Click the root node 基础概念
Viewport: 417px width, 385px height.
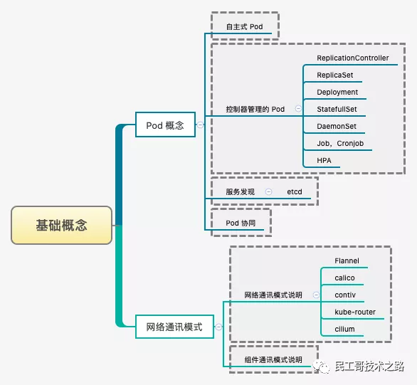(x=62, y=226)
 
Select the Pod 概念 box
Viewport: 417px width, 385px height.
(x=165, y=125)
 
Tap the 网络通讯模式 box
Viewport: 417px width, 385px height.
(x=174, y=327)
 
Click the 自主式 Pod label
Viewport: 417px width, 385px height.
(x=244, y=26)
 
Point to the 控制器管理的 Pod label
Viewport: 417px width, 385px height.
(x=255, y=110)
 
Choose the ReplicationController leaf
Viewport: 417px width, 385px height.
(x=353, y=58)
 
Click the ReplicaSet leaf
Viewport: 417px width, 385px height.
(x=335, y=75)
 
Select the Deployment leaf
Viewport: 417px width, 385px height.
(x=337, y=93)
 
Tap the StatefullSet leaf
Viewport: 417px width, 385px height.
(x=337, y=110)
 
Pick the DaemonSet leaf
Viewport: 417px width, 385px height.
(x=337, y=127)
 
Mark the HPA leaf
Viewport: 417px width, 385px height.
(x=324, y=161)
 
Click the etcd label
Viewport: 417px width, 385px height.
(x=295, y=192)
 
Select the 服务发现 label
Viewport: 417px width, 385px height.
(x=240, y=192)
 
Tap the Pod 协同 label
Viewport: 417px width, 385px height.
(x=240, y=223)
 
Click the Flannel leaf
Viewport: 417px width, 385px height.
(x=347, y=261)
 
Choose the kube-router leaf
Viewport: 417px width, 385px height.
(x=353, y=312)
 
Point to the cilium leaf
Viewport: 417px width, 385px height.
(x=344, y=329)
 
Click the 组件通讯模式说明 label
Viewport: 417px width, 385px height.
(x=273, y=360)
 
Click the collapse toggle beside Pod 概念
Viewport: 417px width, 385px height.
(x=200, y=125)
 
